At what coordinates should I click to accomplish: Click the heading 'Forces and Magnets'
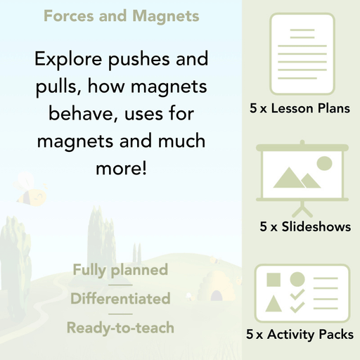121,15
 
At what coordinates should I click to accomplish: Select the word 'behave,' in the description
79,115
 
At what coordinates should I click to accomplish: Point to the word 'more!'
120,169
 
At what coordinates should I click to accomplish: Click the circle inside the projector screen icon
324,164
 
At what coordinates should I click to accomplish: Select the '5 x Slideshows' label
305,227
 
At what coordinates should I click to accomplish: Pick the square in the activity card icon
273,280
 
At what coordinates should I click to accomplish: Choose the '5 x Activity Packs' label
300,335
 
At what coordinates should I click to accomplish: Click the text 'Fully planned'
120,269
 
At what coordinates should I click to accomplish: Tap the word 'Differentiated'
120,298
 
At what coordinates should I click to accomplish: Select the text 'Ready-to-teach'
120,327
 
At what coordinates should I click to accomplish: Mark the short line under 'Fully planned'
120,284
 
